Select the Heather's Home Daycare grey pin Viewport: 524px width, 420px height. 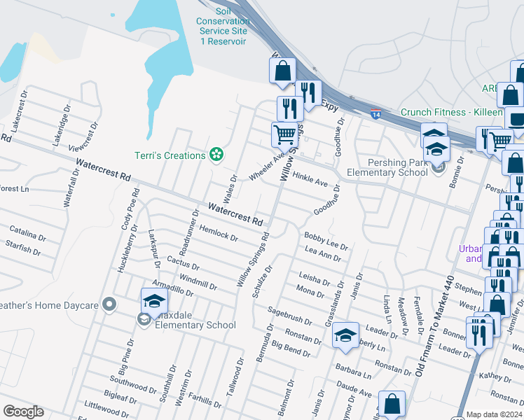109,304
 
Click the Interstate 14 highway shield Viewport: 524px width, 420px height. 376,113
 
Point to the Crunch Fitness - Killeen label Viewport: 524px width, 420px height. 451,113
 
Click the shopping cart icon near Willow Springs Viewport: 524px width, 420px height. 284,133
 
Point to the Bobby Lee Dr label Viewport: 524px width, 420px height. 326,241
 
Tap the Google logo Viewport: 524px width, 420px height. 23,412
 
